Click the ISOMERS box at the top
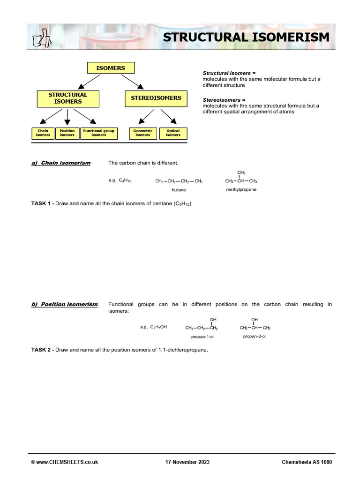click(111, 68)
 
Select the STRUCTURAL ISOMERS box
click(68, 98)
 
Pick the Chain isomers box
click(43, 133)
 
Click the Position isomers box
click(67, 133)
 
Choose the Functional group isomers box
click(99, 133)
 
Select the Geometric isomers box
click(143, 133)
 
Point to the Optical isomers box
click(173, 133)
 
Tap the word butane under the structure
click(179, 190)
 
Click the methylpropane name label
click(241, 189)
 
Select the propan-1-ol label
click(202, 337)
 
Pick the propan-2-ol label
click(255, 336)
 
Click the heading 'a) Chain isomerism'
click(61, 163)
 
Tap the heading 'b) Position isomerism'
click(65, 304)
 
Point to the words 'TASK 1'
click(41, 204)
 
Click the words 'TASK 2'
click(41, 350)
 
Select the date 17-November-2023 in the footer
click(187, 462)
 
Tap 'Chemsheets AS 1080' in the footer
click(307, 462)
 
